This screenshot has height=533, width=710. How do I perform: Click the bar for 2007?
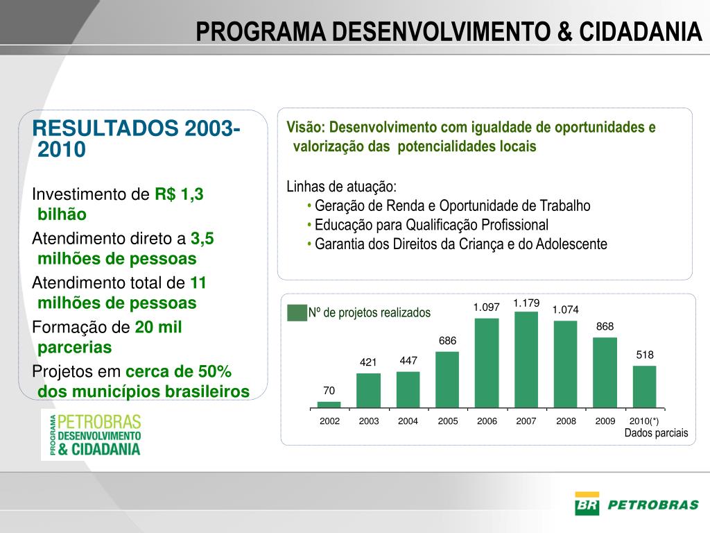pos(526,359)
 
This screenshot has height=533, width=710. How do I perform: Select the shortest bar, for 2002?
pos(329,404)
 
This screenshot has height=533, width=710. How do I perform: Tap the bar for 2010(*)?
pos(644,386)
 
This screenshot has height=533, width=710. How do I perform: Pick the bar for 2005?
pos(447,379)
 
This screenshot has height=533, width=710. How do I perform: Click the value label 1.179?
pos(526,303)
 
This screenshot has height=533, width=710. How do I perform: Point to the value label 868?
pos(605,326)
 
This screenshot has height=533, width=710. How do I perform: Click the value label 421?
pos(368,362)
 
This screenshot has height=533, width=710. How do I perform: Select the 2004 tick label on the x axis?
pos(408,421)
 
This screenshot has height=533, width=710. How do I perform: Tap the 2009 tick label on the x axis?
pos(605,421)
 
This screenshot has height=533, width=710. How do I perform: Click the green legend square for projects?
pos(296,312)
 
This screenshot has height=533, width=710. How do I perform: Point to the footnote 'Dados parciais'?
pos(656,433)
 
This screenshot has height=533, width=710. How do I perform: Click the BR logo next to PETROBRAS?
pos(587,504)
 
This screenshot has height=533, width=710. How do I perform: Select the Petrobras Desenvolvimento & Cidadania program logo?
pos(92,434)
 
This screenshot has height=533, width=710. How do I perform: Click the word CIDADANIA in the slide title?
pos(640,31)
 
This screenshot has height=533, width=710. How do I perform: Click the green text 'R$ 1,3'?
pos(179,194)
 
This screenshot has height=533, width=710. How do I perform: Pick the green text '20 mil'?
pos(158,328)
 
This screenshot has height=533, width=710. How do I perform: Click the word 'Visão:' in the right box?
pos(306,128)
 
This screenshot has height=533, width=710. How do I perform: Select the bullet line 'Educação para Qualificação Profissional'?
pos(431,225)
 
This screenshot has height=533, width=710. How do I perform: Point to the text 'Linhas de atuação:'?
pos(341,187)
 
